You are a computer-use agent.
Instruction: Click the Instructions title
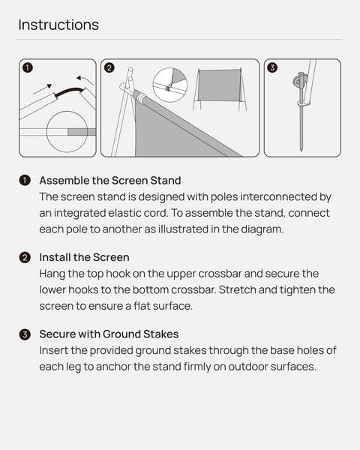tap(58, 25)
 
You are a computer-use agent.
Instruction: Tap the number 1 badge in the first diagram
tap(28, 67)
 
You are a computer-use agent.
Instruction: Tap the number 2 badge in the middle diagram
tap(109, 67)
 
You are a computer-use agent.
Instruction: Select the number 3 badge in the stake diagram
tap(272, 67)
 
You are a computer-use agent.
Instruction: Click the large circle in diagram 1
tap(67, 131)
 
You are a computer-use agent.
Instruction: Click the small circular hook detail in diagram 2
tap(169, 85)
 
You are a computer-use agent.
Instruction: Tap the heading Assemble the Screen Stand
tap(110, 180)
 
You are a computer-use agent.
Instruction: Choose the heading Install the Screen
tap(84, 257)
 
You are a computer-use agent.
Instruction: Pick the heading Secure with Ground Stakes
tap(109, 334)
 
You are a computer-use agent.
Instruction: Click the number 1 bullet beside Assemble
tap(25, 181)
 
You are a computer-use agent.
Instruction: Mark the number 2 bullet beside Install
tap(25, 258)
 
